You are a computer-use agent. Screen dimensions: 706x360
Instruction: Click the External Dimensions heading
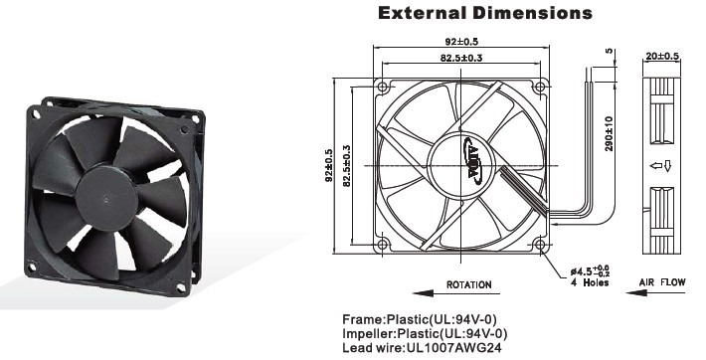(485, 13)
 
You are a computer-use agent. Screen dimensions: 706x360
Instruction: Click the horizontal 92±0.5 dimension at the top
(461, 42)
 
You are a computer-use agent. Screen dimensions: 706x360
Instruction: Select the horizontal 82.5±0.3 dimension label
(461, 58)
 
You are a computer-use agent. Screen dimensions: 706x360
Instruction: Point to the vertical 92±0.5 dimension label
(329, 165)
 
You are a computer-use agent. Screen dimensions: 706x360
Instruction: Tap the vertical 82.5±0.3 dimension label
(347, 166)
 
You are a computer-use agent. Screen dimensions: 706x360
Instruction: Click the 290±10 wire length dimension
(609, 133)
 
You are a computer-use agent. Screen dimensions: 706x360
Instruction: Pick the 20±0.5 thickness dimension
(662, 57)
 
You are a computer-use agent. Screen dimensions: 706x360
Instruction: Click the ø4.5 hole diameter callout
(590, 271)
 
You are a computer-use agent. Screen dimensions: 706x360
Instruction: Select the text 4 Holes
(590, 283)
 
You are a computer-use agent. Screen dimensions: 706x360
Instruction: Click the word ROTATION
(468, 284)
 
